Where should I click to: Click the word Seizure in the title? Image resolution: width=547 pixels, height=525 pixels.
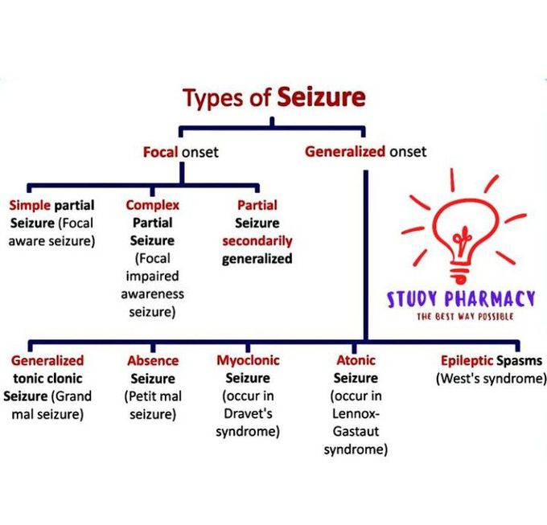coord(322,98)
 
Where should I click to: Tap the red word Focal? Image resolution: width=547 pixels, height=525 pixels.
coord(160,151)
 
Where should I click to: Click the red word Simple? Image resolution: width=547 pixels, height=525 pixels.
coord(30,205)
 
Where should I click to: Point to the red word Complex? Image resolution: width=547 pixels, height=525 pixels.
coord(152,205)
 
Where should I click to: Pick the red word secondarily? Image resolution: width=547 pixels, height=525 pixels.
coord(257,240)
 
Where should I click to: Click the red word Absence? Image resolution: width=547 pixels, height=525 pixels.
coord(152,360)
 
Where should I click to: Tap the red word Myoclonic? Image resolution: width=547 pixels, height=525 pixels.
coord(247,360)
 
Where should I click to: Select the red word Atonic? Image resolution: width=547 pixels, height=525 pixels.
coord(355,360)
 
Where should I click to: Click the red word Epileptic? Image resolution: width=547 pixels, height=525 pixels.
coord(466,360)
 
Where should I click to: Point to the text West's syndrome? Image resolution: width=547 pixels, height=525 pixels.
coord(491,378)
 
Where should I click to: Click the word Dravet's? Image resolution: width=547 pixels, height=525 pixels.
coord(247,414)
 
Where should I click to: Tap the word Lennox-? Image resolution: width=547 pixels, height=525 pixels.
coord(355,414)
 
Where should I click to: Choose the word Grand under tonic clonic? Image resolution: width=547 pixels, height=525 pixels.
coord(74,396)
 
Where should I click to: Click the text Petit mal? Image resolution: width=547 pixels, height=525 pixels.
coord(152,396)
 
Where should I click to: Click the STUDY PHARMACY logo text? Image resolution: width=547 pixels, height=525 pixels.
coord(461,299)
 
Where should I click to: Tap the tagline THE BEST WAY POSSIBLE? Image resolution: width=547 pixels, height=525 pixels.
coord(464,317)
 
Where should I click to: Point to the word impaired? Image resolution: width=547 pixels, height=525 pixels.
coord(152,276)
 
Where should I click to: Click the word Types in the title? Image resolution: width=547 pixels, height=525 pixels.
coord(212,99)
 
